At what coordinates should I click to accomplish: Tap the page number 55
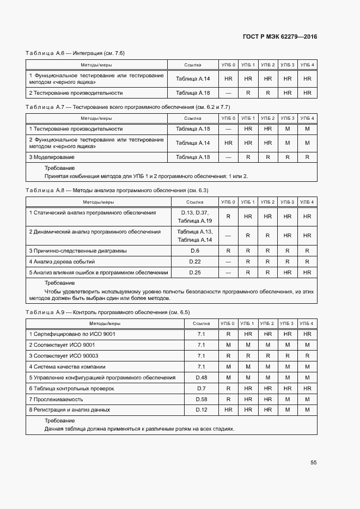coord(313,462)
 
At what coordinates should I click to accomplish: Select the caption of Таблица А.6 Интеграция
coord(75,53)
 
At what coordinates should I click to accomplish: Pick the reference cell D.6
coord(195,250)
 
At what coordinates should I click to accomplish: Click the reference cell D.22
coord(195,261)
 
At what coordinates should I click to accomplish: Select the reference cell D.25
coord(195,272)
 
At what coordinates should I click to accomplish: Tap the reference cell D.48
coord(201,377)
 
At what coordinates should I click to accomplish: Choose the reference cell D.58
coord(201,399)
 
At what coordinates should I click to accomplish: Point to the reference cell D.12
coord(201,409)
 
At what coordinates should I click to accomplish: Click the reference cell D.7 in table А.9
coord(201,388)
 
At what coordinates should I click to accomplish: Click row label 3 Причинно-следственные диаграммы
coord(78,250)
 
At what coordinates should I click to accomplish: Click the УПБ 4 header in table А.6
coord(307,65)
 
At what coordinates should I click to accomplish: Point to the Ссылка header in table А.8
coord(195,202)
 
